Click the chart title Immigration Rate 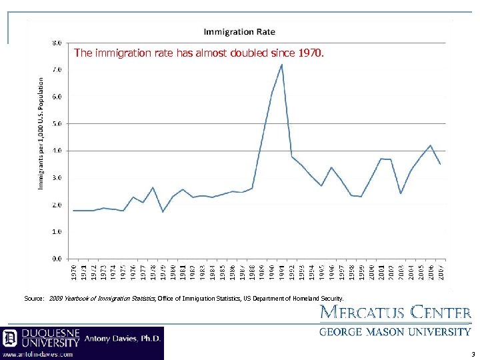pos(239,31)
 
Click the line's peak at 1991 pos(282,65)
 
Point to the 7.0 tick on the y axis pos(57,69)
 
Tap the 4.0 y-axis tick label pos(57,151)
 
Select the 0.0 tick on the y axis pos(57,259)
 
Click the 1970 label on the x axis pos(73,273)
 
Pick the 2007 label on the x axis pos(441,273)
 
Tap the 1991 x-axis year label pos(282,273)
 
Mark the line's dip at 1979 pos(163,212)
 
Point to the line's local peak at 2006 pos(431,145)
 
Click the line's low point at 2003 pos(401,193)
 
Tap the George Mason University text pos(395,332)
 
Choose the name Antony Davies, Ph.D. pos(123,339)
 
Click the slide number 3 pos(473,355)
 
